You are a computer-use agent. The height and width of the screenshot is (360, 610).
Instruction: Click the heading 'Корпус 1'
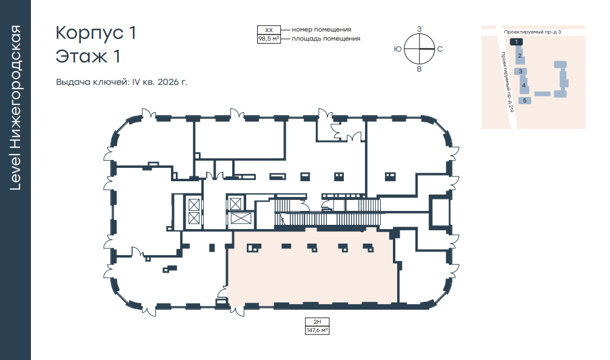(96, 33)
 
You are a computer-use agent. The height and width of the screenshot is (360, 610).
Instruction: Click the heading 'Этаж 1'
(88, 56)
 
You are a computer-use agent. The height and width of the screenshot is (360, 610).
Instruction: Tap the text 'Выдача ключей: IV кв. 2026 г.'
(122, 82)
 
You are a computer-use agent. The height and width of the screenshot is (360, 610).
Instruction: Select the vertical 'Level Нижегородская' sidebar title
(15, 108)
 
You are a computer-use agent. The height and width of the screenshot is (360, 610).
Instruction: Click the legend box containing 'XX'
(269, 30)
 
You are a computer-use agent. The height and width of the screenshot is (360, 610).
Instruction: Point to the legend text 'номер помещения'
(321, 30)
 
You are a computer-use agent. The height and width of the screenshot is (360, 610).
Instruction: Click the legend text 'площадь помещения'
(326, 39)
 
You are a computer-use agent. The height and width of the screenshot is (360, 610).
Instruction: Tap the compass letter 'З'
(419, 29)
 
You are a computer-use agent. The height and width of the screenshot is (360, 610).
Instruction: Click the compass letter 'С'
(440, 49)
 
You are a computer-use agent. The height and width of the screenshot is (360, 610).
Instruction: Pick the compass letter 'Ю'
(398, 49)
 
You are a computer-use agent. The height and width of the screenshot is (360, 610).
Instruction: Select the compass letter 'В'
(419, 69)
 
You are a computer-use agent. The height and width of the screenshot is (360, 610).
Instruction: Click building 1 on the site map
(516, 42)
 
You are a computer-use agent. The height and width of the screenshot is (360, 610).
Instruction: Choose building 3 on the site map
(520, 72)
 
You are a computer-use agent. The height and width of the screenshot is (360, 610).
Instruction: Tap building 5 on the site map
(525, 101)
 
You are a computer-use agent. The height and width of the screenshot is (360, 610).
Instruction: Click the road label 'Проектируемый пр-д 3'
(532, 32)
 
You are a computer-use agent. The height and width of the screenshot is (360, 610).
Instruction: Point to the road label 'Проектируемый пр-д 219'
(508, 82)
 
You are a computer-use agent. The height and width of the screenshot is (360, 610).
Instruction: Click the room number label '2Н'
(318, 322)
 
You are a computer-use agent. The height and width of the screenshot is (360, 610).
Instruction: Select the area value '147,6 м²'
(318, 330)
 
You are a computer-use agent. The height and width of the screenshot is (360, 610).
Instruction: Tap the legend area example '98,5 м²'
(269, 39)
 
